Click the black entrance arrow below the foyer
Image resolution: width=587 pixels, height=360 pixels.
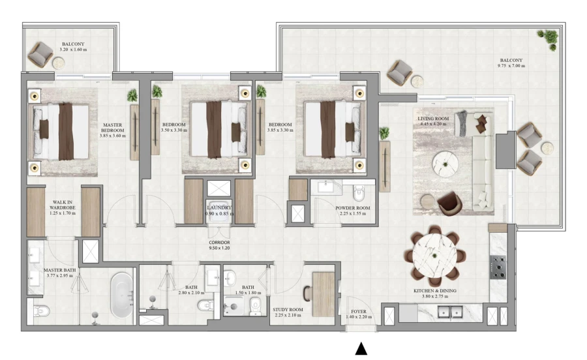[x=361, y=350]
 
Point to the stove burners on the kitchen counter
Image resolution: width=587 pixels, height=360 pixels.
[x=498, y=267]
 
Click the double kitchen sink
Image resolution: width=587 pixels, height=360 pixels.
[x=450, y=313]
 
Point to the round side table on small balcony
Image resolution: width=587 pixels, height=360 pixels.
[x=59, y=63]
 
